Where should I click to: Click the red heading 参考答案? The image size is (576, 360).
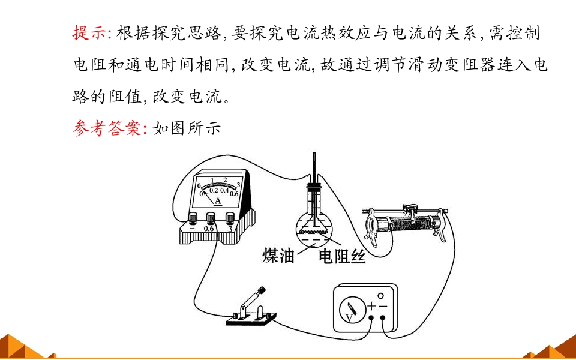[x=107, y=128]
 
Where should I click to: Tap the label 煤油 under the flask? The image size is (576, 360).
[x=278, y=256]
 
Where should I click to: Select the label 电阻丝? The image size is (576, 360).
[x=342, y=256]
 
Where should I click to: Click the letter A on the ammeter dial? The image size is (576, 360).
[x=218, y=201]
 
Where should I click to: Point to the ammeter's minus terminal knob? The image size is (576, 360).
[x=193, y=218]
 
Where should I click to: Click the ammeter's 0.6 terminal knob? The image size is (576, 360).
[x=211, y=218]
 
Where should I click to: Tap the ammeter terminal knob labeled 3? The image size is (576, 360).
[x=230, y=218]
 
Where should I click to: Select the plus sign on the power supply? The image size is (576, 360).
[x=372, y=305]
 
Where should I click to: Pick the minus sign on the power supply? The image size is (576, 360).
[x=383, y=305]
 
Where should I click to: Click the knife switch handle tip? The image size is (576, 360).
[x=262, y=290]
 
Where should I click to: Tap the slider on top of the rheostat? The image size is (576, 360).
[x=410, y=210]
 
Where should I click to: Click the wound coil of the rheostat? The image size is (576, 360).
[x=410, y=223]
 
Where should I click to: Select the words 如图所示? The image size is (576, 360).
[x=186, y=128]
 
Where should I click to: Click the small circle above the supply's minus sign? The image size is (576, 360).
[x=381, y=295]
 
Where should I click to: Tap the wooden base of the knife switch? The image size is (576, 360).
[x=251, y=319]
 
